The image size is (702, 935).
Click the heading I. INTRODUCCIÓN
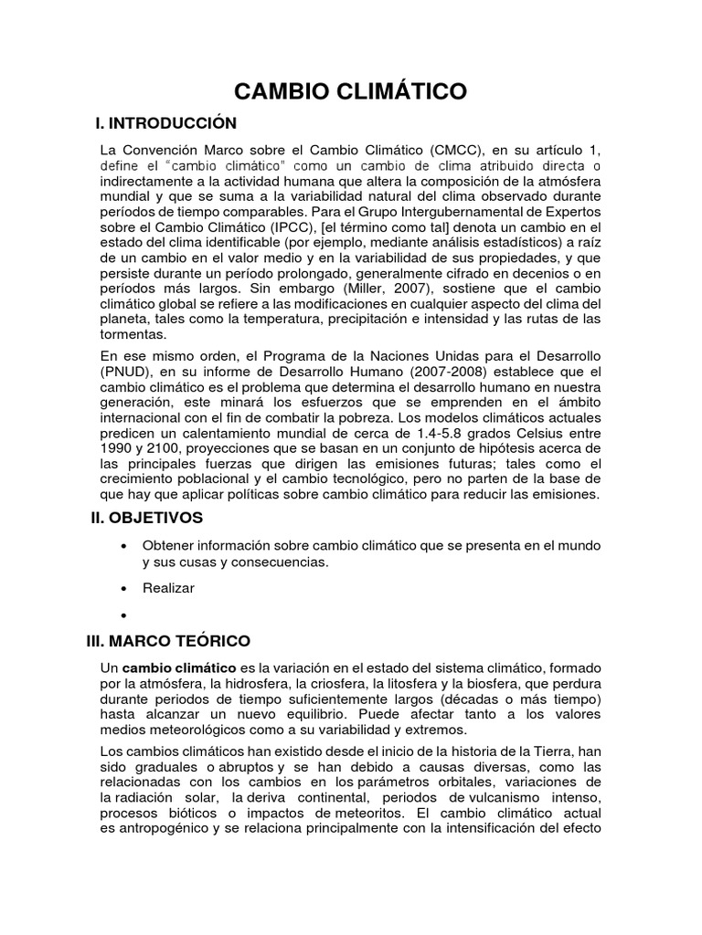(166, 123)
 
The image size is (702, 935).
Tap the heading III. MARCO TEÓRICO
(167, 641)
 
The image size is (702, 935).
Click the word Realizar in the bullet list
(168, 588)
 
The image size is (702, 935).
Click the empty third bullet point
(123, 615)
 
